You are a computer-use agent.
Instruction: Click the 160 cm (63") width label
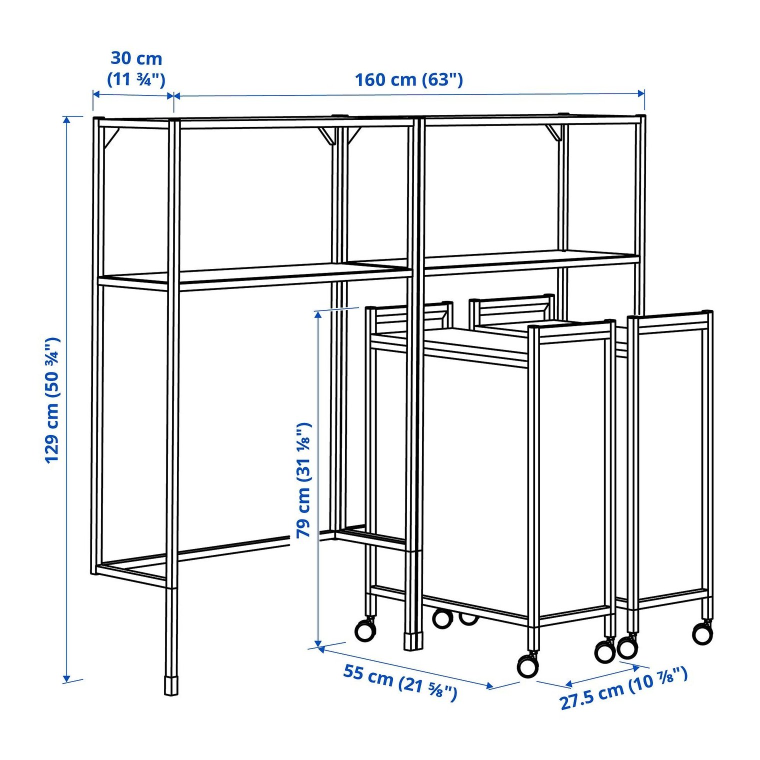coord(408,79)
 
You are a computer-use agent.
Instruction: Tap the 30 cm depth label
coord(136,58)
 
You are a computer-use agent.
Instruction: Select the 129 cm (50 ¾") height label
coord(53,400)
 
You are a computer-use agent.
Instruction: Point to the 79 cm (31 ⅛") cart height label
coord(303,480)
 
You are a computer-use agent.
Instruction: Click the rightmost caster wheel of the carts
coord(702,633)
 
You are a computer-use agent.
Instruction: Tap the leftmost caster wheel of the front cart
coord(365,629)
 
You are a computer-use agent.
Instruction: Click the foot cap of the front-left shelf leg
coord(171,686)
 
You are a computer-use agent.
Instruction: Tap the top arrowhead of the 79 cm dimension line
coord(317,315)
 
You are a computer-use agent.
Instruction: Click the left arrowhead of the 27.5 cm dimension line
coord(569,683)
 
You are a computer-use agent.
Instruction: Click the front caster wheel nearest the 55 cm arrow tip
coord(528,665)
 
